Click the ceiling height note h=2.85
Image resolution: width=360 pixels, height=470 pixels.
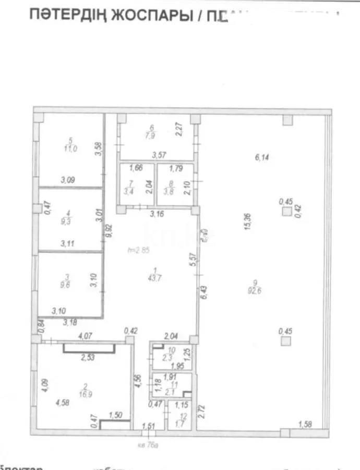(138, 250)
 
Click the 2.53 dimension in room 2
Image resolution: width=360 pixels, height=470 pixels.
(88, 358)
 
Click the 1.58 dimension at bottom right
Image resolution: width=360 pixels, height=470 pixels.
(305, 424)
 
